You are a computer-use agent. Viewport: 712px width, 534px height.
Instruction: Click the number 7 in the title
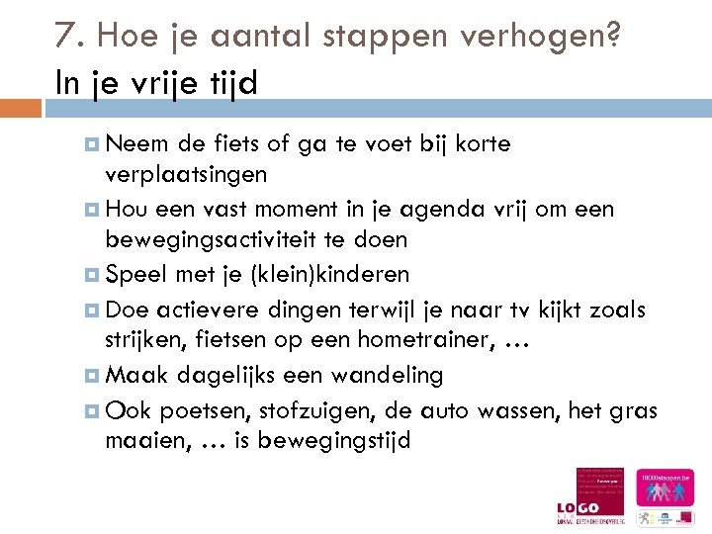click(65, 37)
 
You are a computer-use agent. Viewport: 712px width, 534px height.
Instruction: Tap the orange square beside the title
click(20, 107)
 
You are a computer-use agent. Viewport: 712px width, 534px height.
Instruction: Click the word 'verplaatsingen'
click(186, 175)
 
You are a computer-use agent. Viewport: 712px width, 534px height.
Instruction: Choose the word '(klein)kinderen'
click(325, 274)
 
